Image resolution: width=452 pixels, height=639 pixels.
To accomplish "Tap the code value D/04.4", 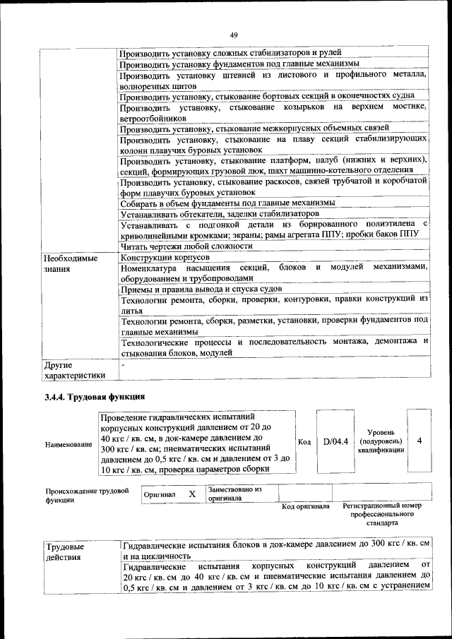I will coord(336,441).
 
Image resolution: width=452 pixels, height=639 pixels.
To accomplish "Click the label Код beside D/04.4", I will coord(304,442).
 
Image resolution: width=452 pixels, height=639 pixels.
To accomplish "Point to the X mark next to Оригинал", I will coord(191,494).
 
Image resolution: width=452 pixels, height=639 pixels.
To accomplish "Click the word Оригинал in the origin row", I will coord(159,495).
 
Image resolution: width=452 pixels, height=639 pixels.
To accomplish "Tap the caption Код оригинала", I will coord(306,506).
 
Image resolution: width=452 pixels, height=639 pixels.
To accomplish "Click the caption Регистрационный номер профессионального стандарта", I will coord(382,515).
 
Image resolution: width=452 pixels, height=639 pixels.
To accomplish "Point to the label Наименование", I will coord(68,444).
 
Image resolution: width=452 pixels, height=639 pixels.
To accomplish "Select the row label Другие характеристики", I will coord(74,370).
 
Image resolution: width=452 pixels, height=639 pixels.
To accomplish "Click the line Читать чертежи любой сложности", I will coord(186,246).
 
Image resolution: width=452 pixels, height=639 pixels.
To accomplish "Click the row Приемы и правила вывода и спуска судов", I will coord(201,289).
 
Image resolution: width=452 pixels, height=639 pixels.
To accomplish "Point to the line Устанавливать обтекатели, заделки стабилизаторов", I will coord(220,213).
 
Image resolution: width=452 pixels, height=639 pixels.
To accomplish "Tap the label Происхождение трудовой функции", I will coord(87,495).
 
